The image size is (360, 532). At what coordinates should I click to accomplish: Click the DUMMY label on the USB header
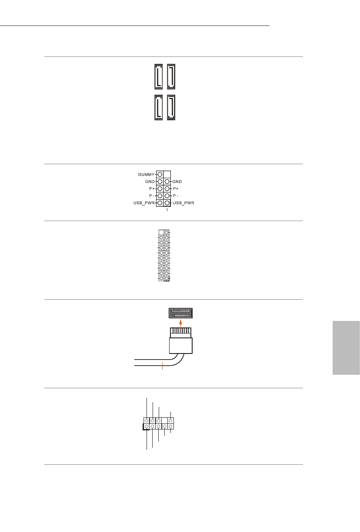[x=146, y=174]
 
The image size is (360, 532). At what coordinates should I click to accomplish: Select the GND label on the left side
[x=150, y=182]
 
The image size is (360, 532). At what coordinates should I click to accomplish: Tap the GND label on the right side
[x=180, y=182]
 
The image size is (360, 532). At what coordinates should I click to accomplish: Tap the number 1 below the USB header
[x=167, y=210]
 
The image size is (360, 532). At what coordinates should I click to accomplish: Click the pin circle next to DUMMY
[x=160, y=174]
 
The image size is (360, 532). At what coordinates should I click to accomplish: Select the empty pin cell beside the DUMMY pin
[x=167, y=174]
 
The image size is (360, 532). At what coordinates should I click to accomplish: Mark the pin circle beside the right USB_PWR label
[x=167, y=203]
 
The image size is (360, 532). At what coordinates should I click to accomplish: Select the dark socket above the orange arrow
[x=180, y=313]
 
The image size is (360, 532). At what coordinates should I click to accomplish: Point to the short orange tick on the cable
[x=162, y=366]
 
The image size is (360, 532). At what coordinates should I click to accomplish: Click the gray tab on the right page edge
[x=346, y=348]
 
